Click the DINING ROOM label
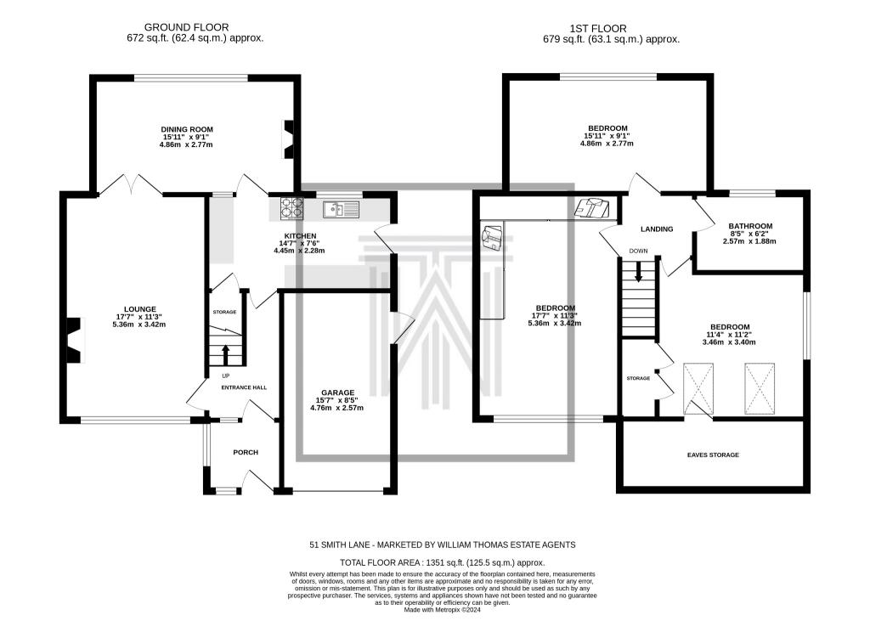[x=187, y=129]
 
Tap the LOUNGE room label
[x=140, y=309]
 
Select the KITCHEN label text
[x=300, y=235]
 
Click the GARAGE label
[x=337, y=393]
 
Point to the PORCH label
[x=246, y=452]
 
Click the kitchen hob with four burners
[x=292, y=207]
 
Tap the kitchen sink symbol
[x=342, y=209]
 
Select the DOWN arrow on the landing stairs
[x=639, y=271]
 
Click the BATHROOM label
[x=750, y=226]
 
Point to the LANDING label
[x=657, y=229]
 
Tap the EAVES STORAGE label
[x=713, y=455]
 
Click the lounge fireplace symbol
[x=75, y=341]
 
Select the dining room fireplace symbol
[x=289, y=138]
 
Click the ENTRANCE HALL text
[x=244, y=387]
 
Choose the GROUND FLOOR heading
[x=186, y=27]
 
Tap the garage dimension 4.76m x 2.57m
[x=336, y=408]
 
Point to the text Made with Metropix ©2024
[x=442, y=609]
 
